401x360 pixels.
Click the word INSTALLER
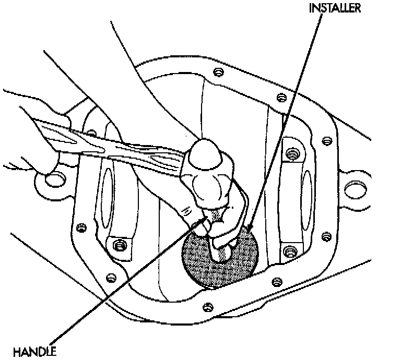coord(334,9)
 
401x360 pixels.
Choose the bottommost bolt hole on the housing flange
coord(207,306)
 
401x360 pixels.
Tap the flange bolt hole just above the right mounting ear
coord(326,141)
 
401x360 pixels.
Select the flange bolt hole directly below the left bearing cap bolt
coord(110,277)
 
